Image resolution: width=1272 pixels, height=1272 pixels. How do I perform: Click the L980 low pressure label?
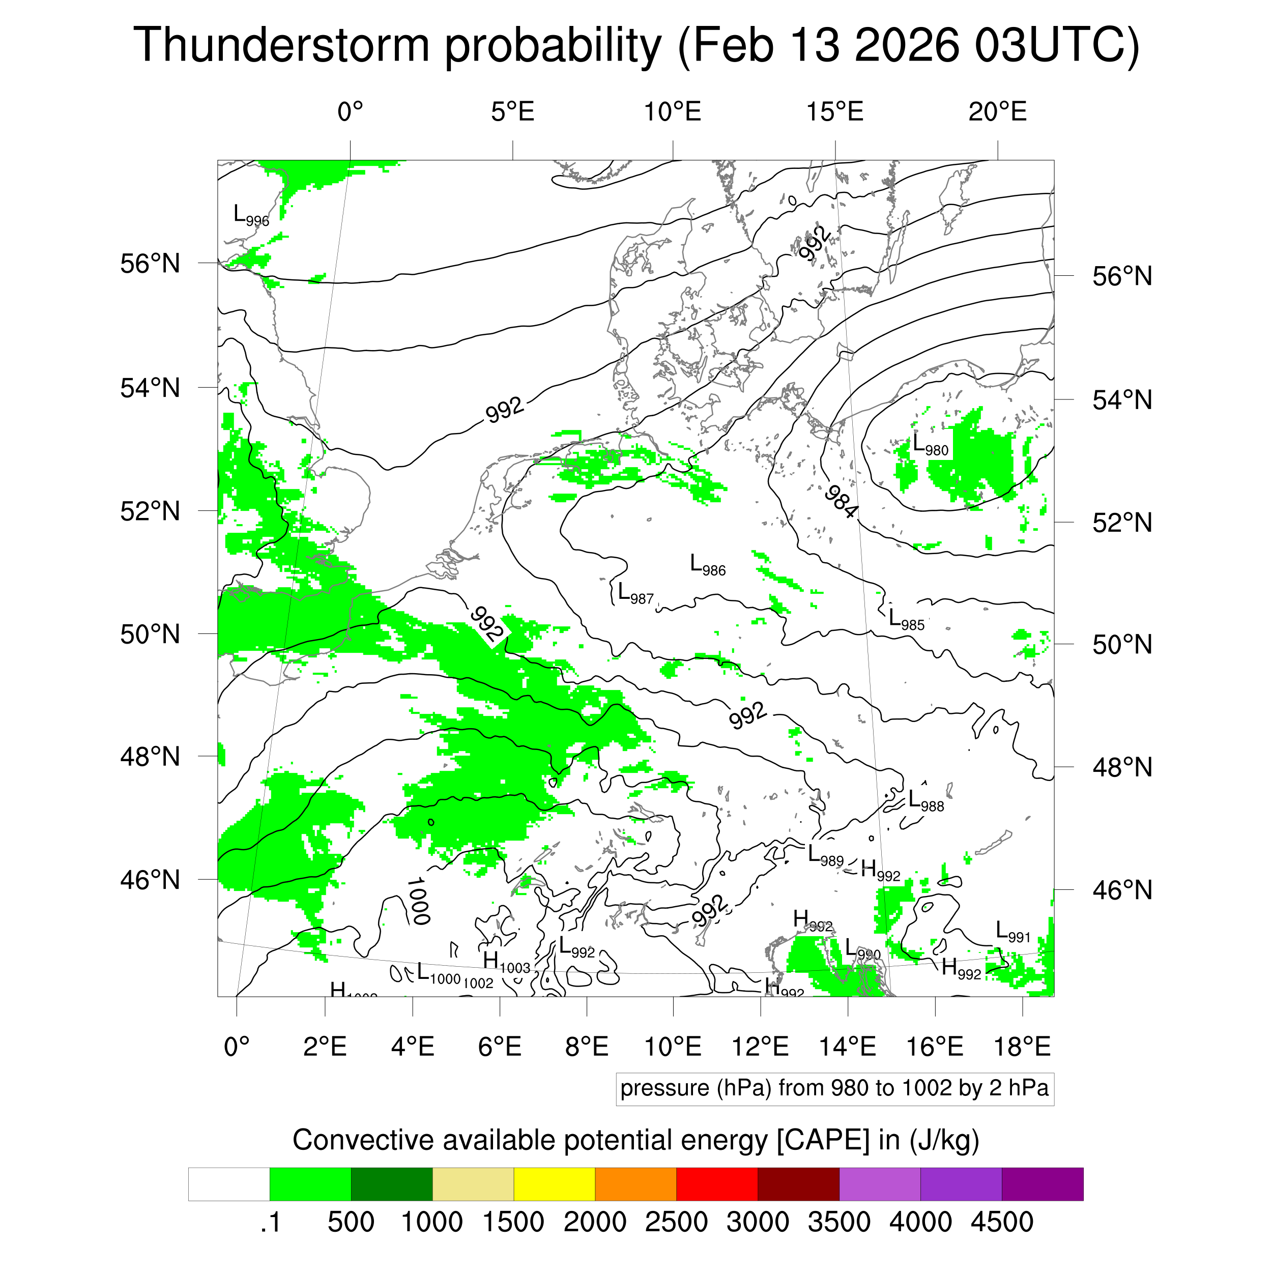point(930,445)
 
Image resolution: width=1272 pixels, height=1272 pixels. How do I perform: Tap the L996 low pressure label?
point(251,215)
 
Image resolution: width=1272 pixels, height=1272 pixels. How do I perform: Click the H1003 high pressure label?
point(506,963)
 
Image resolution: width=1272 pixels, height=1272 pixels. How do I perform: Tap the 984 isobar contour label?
point(841,501)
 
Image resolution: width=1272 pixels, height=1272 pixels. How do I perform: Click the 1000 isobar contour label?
point(419,901)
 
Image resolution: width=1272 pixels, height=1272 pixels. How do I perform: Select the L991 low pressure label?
point(1012,932)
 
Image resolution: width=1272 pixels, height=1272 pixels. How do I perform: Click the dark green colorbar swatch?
point(391,1184)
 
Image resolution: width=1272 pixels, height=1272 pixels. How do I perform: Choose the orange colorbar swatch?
point(635,1184)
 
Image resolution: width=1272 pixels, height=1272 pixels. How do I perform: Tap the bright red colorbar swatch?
point(717,1184)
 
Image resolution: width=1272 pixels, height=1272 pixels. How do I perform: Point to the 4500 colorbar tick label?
point(1001,1223)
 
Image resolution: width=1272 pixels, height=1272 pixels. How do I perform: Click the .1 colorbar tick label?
point(270,1223)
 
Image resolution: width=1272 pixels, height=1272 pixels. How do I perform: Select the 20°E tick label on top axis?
point(997,112)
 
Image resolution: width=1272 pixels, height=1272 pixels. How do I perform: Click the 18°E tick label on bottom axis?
point(1021,1046)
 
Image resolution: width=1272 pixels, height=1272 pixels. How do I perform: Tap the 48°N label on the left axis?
point(150,757)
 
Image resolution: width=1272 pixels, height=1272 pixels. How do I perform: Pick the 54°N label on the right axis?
point(1122,400)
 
